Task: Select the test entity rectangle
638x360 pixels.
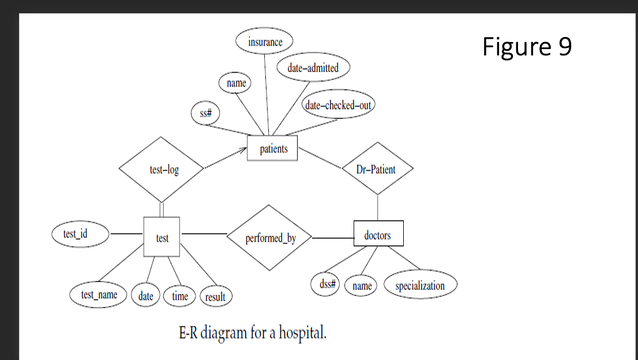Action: pyautogui.click(x=162, y=237)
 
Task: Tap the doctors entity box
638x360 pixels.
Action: pyautogui.click(x=378, y=234)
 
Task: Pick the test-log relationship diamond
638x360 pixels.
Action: pyautogui.click(x=161, y=169)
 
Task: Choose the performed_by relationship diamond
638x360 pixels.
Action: pyautogui.click(x=269, y=237)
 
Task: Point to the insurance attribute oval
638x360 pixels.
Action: pyautogui.click(x=265, y=42)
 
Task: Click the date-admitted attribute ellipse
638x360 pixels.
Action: pyautogui.click(x=313, y=67)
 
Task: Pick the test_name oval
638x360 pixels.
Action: pyautogui.click(x=99, y=295)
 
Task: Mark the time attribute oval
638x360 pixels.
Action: pyautogui.click(x=180, y=296)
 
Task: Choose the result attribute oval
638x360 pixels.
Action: pyautogui.click(x=215, y=297)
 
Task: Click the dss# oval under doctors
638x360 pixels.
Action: pyautogui.click(x=327, y=284)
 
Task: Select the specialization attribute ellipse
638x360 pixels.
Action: pyautogui.click(x=420, y=286)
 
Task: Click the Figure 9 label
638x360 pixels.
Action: pyautogui.click(x=527, y=47)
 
